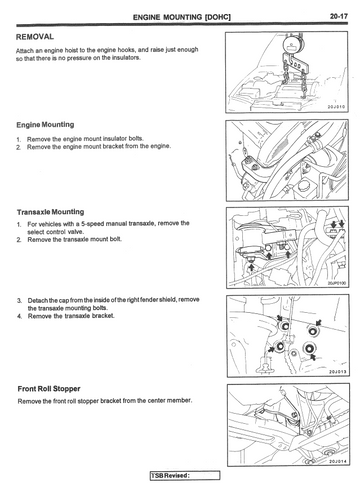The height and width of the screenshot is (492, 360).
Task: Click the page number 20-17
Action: coord(339,16)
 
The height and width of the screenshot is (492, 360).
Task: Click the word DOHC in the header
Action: coord(218,17)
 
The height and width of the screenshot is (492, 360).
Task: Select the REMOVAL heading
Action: coord(35,37)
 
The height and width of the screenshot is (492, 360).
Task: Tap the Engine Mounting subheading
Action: coord(45,125)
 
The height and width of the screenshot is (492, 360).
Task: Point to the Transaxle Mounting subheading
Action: coord(50,212)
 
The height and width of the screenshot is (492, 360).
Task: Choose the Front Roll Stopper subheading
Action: coord(49,389)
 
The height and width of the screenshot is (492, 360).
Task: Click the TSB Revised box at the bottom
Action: coord(185,475)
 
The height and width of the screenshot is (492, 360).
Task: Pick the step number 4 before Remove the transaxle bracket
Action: coord(19,316)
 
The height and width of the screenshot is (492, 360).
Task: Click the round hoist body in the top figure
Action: coord(291,45)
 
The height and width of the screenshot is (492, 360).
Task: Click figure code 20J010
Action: coord(337,107)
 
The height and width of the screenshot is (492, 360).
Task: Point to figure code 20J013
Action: coord(338,371)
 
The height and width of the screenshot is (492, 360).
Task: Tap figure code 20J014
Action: coord(338,461)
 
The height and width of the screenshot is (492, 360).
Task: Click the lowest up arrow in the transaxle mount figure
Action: coord(252,267)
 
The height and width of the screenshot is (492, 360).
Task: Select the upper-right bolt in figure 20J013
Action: coord(313,331)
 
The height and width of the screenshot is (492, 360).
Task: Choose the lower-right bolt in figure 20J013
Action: coord(309,348)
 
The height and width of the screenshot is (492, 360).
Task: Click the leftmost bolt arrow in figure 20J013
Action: coord(271,349)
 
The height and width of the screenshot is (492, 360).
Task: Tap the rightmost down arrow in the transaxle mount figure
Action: coord(341,223)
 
